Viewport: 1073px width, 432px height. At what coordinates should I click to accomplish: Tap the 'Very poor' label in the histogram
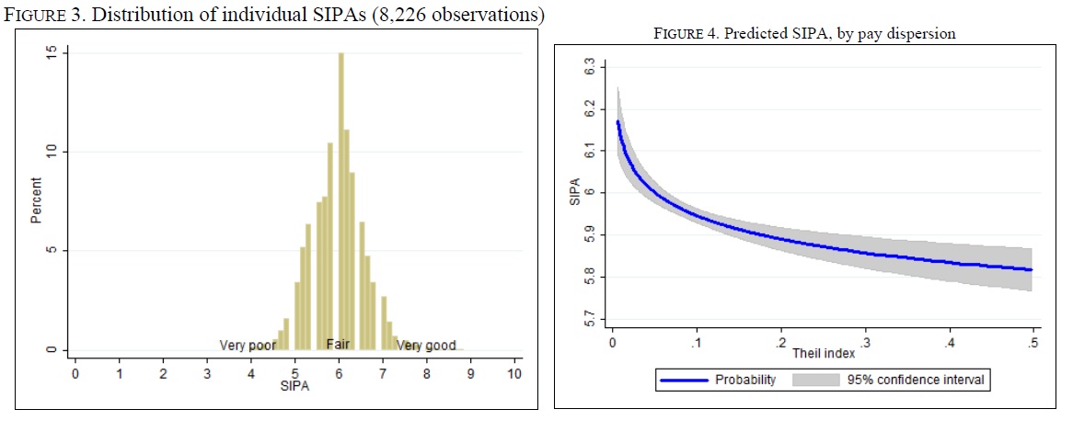pyautogui.click(x=248, y=346)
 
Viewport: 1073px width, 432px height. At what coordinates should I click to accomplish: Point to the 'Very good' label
pyautogui.click(x=426, y=346)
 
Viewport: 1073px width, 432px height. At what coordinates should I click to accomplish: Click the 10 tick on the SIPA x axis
pyautogui.click(x=513, y=374)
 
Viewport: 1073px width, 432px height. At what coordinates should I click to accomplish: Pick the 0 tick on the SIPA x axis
pyautogui.click(x=75, y=374)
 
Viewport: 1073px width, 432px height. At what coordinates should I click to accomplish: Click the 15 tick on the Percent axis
pyautogui.click(x=52, y=53)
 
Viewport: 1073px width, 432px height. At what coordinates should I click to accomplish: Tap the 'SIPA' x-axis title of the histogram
pyautogui.click(x=294, y=388)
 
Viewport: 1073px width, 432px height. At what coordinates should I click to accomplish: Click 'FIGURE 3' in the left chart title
pyautogui.click(x=44, y=16)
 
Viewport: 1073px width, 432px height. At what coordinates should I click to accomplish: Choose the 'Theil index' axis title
pyautogui.click(x=817, y=353)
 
